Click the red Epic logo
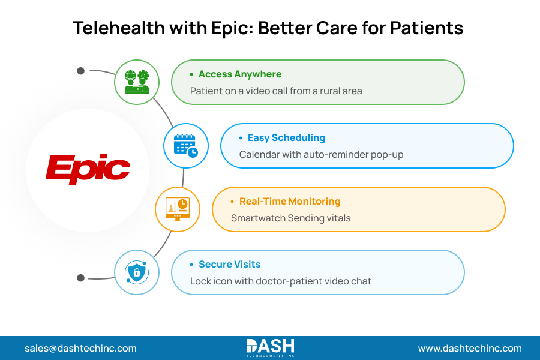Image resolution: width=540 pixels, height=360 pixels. pyautogui.click(x=88, y=170)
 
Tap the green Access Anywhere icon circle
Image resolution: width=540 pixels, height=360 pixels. pyautogui.click(x=136, y=82)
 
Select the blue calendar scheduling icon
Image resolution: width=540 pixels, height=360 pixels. pyautogui.click(x=186, y=146)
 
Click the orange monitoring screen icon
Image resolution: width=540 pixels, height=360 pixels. pyautogui.click(x=178, y=209)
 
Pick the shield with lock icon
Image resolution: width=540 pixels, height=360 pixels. pyautogui.click(x=136, y=272)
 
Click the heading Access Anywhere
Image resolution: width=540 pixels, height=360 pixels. pyautogui.click(x=239, y=74)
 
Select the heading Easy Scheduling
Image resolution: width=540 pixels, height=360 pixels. pyautogui.click(x=286, y=138)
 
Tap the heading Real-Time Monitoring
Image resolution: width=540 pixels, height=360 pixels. pyautogui.click(x=289, y=202)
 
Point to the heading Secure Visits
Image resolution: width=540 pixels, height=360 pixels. pyautogui.click(x=229, y=265)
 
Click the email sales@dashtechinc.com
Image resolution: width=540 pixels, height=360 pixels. pyautogui.click(x=80, y=348)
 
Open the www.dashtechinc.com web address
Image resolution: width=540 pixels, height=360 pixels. pyautogui.click(x=470, y=348)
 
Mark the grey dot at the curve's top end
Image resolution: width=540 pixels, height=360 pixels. pyautogui.click(x=80, y=71)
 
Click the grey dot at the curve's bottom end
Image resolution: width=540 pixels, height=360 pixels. pyautogui.click(x=80, y=278)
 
